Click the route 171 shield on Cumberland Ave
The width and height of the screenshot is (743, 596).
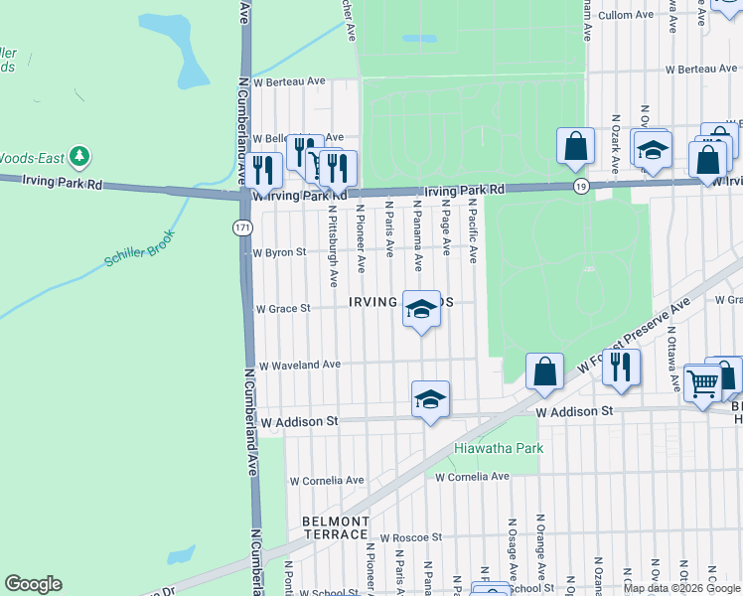point(242,227)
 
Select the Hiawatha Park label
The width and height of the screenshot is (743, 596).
point(499,448)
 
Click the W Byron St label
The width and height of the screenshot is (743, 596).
point(279,253)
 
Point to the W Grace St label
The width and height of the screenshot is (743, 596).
point(282,309)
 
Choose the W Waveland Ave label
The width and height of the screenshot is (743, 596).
point(299,366)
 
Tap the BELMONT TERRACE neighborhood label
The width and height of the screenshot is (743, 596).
point(336,527)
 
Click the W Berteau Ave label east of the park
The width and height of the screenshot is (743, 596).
point(704,70)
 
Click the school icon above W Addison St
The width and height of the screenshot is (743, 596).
point(430,399)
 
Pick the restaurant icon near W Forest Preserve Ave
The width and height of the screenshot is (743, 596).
point(621,367)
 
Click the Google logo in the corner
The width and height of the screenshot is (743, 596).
point(33,584)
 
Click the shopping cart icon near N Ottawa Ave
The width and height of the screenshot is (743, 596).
point(702,381)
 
